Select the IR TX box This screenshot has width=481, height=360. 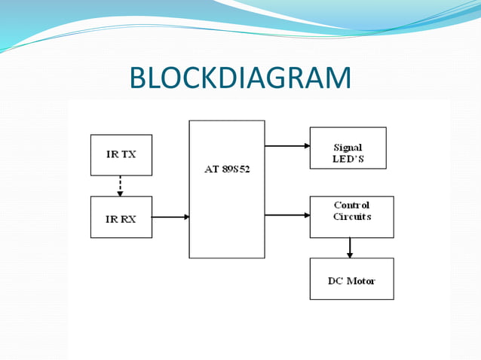(x=121, y=154)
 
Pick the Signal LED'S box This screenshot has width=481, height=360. (x=348, y=148)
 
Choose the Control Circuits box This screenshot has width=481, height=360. (x=351, y=217)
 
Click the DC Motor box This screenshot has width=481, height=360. (x=351, y=279)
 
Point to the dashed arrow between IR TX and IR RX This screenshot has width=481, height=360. (x=120, y=185)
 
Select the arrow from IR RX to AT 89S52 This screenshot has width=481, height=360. (x=170, y=217)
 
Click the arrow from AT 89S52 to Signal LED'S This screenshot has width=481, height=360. (x=287, y=146)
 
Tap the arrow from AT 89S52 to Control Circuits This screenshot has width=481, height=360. (x=287, y=215)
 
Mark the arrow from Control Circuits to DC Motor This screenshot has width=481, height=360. (x=350, y=248)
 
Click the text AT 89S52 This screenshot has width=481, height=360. (x=227, y=169)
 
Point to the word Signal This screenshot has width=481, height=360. (x=348, y=148)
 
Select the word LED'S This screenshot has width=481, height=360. (x=348, y=159)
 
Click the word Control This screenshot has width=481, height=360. (x=351, y=205)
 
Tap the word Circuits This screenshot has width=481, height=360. (x=352, y=216)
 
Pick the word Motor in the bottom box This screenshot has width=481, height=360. (x=360, y=281)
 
